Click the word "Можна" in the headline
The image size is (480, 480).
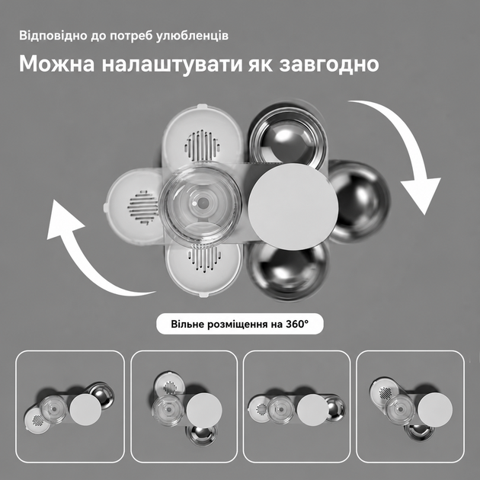click(x=56, y=64)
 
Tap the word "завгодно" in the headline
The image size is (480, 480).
click(x=329, y=65)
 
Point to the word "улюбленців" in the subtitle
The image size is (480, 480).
click(x=192, y=36)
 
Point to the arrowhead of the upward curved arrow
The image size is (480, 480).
click(x=64, y=219)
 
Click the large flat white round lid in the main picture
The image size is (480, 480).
click(x=293, y=206)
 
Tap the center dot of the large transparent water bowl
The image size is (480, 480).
click(x=202, y=203)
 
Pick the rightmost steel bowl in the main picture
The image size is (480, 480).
click(x=360, y=201)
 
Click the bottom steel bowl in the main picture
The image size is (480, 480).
click(x=288, y=271)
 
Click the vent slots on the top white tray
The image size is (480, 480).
click(x=202, y=146)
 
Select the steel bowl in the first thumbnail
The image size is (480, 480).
click(x=102, y=395)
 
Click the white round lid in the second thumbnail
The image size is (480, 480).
click(x=204, y=410)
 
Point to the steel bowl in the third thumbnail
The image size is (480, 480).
click(x=335, y=408)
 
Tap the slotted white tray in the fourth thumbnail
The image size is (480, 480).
click(x=384, y=392)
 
